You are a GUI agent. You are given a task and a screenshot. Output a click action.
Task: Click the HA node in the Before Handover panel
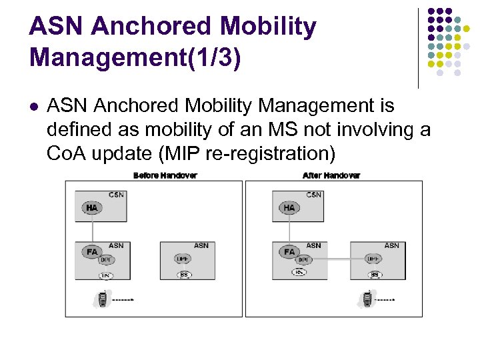point(91,208)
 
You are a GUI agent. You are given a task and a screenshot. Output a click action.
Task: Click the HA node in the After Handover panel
point(289,208)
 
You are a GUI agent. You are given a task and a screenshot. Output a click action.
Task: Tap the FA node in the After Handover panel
point(289,252)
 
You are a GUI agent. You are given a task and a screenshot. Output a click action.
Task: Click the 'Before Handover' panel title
point(165,175)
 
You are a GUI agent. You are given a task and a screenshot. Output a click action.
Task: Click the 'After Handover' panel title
point(331,175)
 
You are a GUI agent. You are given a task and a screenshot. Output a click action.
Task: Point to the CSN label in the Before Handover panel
point(116,195)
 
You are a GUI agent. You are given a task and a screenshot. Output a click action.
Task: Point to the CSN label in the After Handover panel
point(313,195)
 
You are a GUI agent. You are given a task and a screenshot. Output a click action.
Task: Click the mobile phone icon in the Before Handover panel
point(102,299)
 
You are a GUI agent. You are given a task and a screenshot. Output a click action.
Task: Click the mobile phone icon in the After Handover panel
point(366,299)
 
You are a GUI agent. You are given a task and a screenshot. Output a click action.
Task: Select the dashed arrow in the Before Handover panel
point(123,300)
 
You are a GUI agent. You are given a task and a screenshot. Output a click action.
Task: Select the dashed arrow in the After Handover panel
point(387,300)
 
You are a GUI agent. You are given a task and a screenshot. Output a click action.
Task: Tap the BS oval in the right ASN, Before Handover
point(183,275)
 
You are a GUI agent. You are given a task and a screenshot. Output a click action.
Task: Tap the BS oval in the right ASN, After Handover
point(375,275)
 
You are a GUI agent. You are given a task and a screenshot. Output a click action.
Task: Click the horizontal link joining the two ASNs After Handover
point(340,259)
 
